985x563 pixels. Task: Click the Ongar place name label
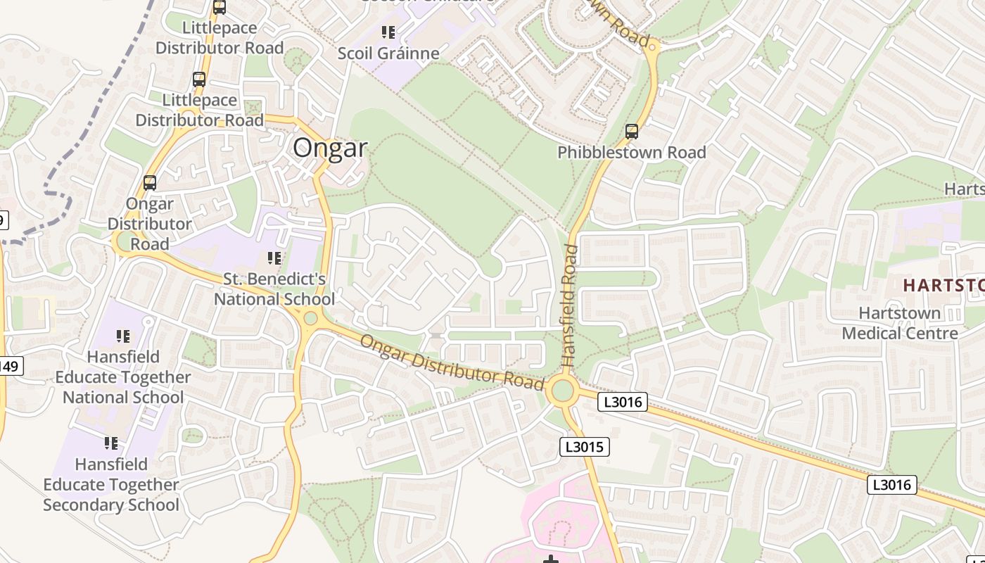(x=330, y=148)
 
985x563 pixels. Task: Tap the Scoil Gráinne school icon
(x=388, y=32)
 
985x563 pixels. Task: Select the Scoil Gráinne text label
(x=388, y=53)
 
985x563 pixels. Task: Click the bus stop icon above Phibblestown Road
(x=631, y=131)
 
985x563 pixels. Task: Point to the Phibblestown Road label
(x=631, y=153)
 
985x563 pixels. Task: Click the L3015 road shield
(x=585, y=447)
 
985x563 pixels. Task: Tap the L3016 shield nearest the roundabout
(x=622, y=402)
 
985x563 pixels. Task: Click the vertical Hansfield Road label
(x=570, y=304)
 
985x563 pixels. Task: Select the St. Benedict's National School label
(x=274, y=289)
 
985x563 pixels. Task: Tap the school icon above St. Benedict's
(x=274, y=258)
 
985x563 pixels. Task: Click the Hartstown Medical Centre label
(x=900, y=323)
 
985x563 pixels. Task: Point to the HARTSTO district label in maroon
(x=943, y=285)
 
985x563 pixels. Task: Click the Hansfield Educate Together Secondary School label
(x=111, y=485)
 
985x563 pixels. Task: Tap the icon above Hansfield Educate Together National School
(x=123, y=336)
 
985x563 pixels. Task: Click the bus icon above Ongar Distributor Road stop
(x=149, y=183)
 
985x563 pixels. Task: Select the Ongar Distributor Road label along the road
(x=452, y=363)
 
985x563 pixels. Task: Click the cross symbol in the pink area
(x=552, y=559)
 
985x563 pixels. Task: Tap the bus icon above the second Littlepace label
(x=199, y=80)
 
